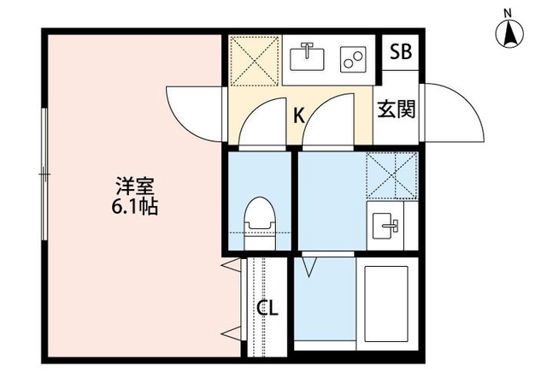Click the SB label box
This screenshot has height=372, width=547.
tap(400, 51)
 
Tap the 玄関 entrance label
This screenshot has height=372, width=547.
tap(397, 109)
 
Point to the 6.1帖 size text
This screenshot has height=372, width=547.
tap(137, 208)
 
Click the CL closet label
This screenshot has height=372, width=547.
tap(268, 308)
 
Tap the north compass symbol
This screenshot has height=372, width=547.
tap(509, 32)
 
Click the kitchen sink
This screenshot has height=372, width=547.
tap(308, 57)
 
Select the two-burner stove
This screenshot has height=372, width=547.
tap(350, 58)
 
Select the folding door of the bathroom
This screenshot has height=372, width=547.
tap(309, 267)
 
